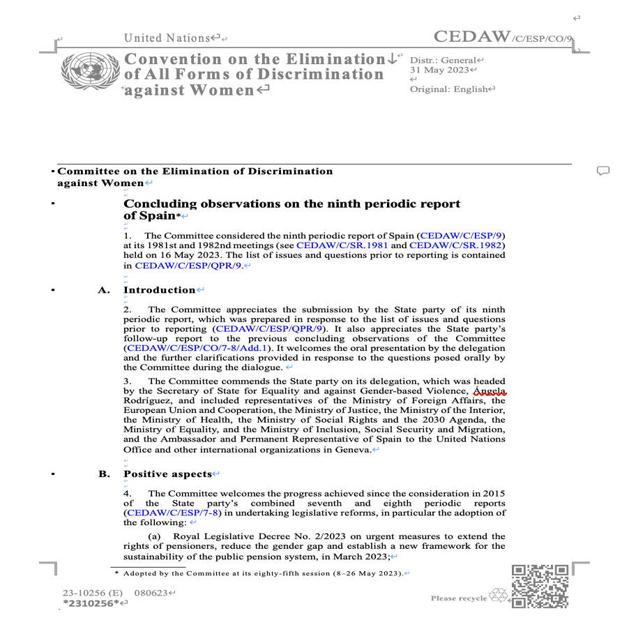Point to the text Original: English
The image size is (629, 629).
[449, 89]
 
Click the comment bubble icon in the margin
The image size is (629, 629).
[603, 171]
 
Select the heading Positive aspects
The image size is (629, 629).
[167, 474]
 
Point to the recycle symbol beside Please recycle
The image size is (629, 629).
[499, 596]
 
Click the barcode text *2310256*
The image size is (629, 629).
[91, 603]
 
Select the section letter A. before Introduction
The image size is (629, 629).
[104, 290]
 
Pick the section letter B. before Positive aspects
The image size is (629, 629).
[104, 474]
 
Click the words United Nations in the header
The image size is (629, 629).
[167, 38]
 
